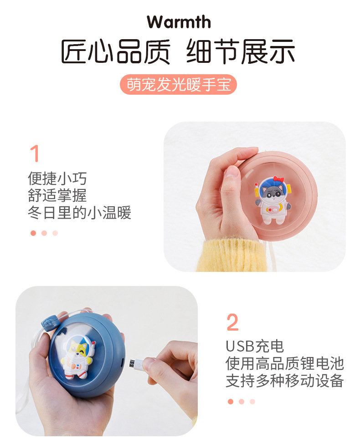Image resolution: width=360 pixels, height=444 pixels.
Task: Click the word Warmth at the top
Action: [179, 22]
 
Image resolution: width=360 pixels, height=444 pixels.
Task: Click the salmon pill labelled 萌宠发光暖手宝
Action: [179, 84]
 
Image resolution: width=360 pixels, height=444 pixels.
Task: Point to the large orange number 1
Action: [34, 154]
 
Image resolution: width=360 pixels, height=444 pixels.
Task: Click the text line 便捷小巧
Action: [57, 178]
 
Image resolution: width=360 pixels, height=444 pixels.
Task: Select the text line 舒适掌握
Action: [57, 195]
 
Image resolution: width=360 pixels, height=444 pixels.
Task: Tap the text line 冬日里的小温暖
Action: [79, 213]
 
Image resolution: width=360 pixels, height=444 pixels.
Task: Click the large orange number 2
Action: [232, 322]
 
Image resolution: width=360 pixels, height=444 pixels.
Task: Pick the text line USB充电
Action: [254, 346]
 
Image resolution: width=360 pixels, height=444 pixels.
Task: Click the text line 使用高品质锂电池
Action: [284, 363]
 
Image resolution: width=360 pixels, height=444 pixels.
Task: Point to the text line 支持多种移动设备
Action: [284, 381]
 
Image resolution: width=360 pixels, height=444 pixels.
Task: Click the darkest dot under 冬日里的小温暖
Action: [33, 233]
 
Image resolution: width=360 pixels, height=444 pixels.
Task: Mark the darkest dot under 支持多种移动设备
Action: [230, 402]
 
